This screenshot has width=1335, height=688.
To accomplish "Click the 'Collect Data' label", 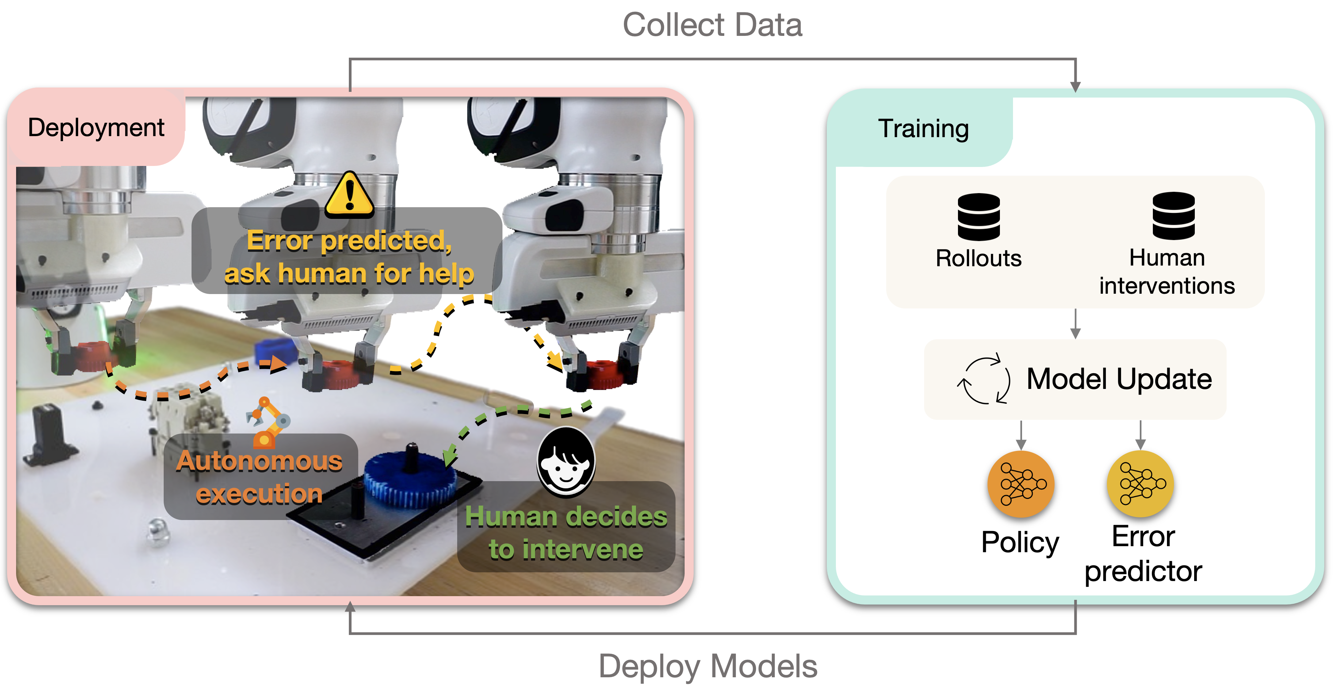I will pos(712,25).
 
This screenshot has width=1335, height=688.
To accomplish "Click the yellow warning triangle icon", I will pos(349,195).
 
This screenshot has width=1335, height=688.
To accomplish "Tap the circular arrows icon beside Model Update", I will pos(983,380).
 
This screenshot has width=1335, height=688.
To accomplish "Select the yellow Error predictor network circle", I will pos(1140,484).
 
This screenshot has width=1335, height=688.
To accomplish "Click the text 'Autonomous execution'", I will pos(259,477).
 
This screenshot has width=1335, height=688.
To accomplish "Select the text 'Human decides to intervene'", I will pos(566,532).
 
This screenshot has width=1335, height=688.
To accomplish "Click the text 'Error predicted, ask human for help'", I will pos(349,257).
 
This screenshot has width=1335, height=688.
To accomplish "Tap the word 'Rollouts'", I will pos(978,259).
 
